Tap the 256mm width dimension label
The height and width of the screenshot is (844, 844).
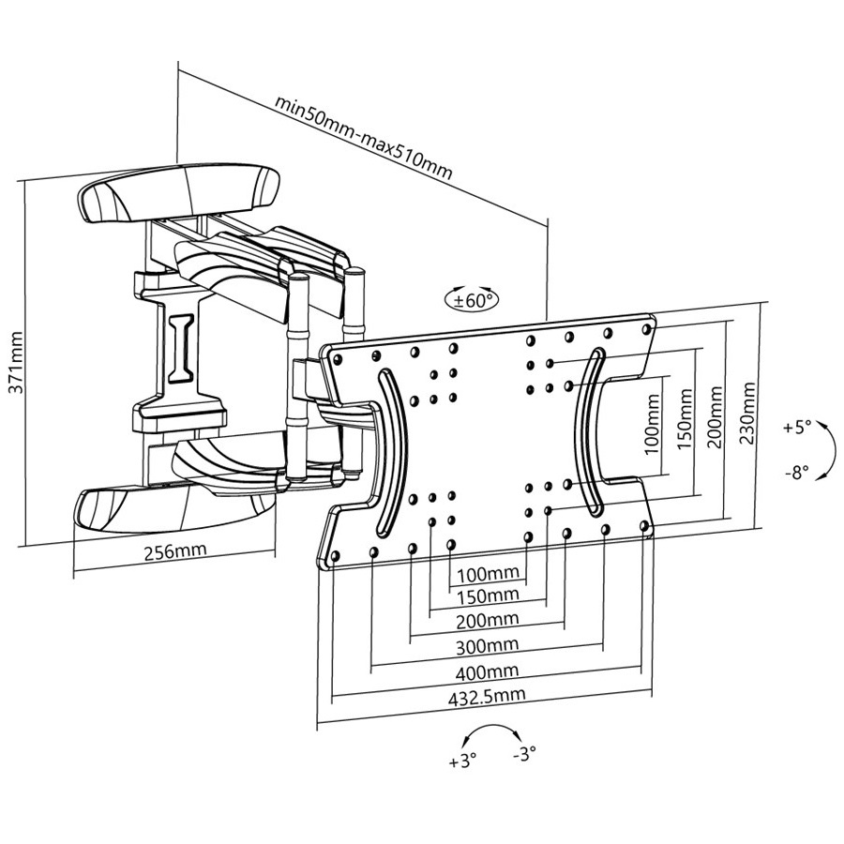(x=175, y=550)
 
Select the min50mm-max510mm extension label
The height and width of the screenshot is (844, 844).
(x=363, y=137)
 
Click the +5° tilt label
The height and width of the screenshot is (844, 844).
(x=796, y=428)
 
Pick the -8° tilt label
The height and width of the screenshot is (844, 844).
(x=796, y=473)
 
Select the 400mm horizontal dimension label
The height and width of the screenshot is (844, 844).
(x=487, y=671)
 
